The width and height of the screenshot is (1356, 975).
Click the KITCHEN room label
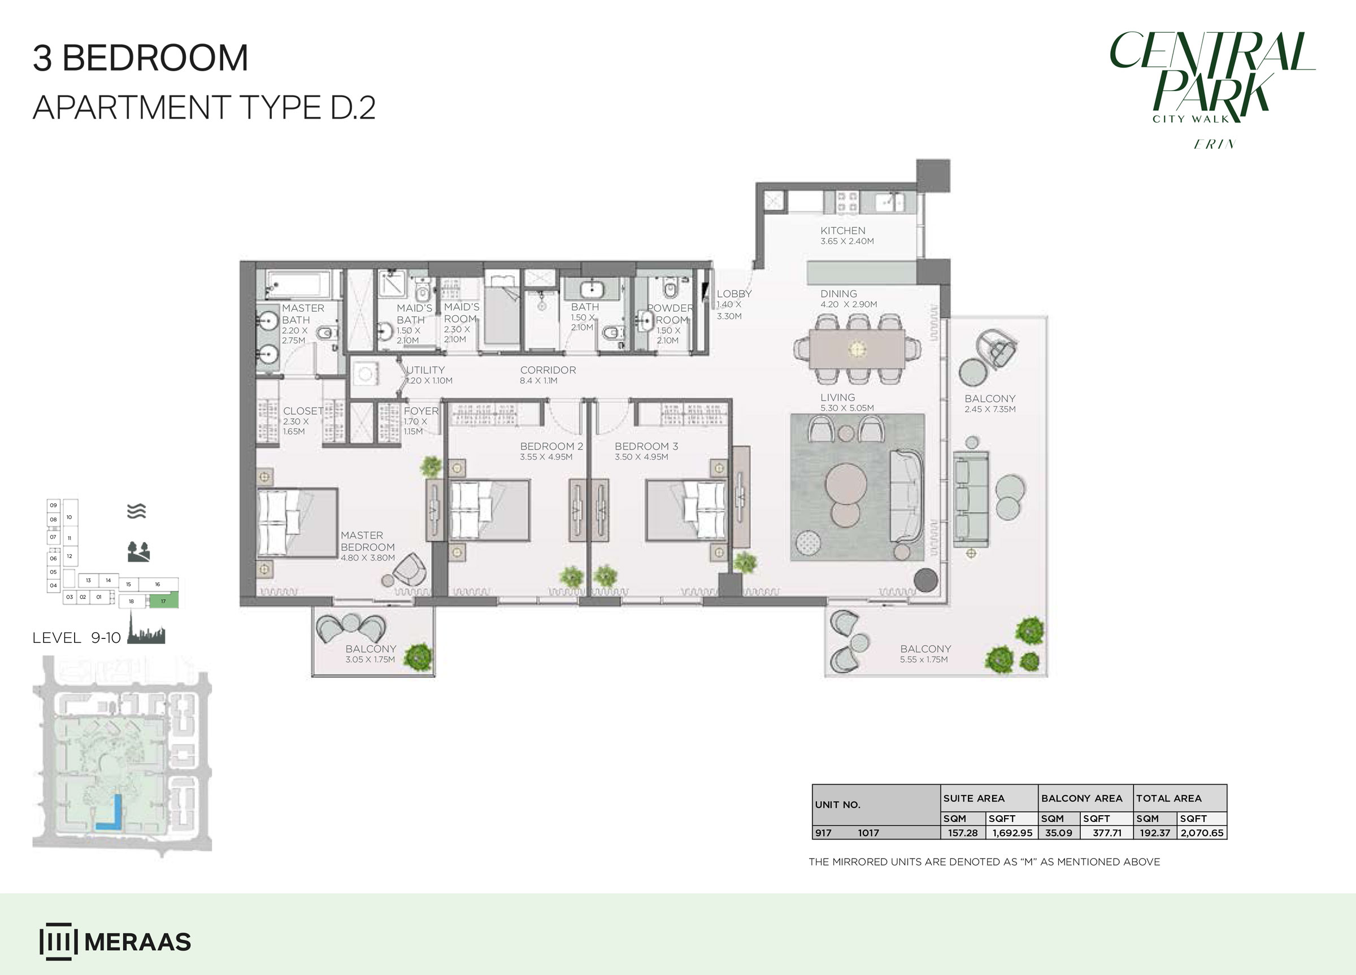842,230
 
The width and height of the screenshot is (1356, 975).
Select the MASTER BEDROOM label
368,541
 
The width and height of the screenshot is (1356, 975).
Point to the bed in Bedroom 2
490,511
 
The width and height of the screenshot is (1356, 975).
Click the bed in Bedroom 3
686,511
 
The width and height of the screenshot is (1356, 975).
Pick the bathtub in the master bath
298,285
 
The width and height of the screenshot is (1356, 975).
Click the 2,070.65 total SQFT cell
1202,833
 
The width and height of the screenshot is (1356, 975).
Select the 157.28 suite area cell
963,833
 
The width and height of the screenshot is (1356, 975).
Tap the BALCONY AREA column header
1081,798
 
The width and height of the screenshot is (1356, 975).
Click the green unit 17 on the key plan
163,601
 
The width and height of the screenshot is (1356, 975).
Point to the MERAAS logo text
137,942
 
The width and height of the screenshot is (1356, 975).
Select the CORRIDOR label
547,370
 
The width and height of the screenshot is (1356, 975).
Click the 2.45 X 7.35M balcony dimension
990,410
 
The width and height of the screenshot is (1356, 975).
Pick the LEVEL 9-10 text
76,638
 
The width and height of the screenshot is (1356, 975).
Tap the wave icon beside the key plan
137,511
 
